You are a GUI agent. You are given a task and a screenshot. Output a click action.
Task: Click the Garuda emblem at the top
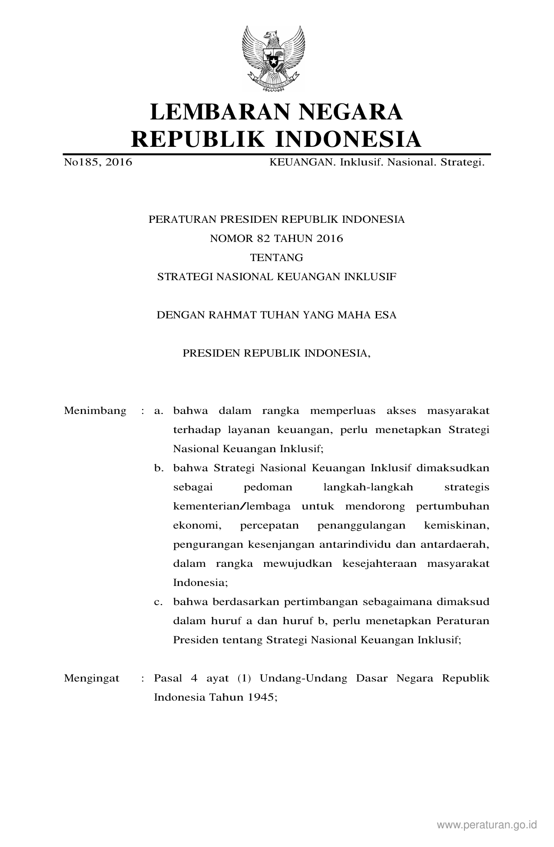pos(273,59)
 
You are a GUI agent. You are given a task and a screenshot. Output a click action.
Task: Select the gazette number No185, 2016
pos(98,163)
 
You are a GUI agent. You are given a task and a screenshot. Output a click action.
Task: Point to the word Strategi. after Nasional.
pos(462,163)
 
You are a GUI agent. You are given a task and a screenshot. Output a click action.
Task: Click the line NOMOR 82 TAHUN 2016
pos(276,238)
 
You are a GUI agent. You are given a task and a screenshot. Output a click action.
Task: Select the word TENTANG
pos(276,258)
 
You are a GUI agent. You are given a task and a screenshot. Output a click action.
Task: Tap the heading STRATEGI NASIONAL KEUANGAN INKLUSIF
pos(276,277)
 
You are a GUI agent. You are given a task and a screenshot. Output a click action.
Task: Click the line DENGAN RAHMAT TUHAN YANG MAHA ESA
pos(276,315)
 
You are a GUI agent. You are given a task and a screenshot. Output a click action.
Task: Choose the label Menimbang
pos(95,411)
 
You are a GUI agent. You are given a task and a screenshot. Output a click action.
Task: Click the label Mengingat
pos(92,678)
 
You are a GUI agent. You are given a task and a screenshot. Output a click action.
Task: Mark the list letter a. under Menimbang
pos(159,411)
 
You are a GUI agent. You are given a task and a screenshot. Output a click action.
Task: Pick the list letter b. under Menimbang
pos(159,468)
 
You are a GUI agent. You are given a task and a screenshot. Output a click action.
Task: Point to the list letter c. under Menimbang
pos(159,602)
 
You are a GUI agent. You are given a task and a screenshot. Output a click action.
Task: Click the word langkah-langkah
pos(368,487)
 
